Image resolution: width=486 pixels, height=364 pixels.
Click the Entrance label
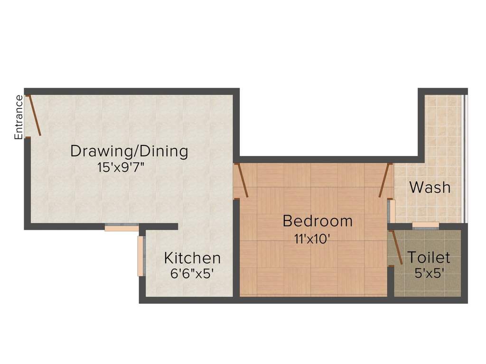[19, 117]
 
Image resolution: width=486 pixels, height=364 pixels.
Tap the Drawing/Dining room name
[129, 151]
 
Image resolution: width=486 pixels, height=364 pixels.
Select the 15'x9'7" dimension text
[121, 168]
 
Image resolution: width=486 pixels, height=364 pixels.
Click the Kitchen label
[192, 258]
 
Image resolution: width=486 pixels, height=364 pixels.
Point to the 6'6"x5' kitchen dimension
[192, 273]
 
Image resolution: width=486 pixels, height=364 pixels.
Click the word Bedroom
[318, 221]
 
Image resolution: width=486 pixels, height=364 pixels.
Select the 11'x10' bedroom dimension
[311, 239]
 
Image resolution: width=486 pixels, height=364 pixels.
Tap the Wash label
[430, 187]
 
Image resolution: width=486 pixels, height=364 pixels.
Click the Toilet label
[429, 257]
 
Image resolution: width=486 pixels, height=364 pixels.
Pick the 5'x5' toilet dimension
[429, 273]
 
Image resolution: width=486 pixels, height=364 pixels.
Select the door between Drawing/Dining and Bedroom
[242, 180]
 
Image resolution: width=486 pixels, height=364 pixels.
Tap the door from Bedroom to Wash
[384, 180]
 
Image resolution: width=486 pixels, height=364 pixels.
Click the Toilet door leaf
[397, 247]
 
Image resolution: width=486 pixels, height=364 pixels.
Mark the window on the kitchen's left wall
[141, 256]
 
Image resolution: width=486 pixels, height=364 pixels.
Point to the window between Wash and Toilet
[426, 225]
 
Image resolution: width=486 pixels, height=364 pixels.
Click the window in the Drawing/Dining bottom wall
[121, 227]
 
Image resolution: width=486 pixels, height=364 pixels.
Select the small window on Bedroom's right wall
[391, 211]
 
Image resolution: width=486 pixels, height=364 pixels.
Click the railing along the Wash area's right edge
[464, 158]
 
